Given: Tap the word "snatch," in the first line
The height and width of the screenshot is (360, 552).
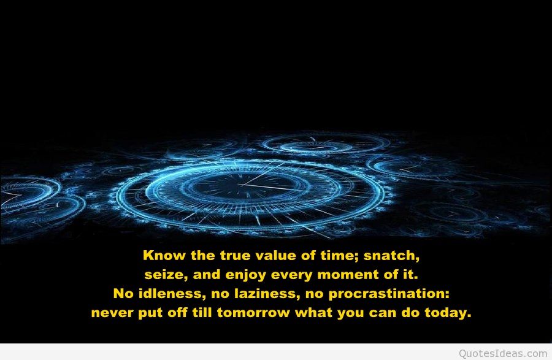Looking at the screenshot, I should pos(399,255).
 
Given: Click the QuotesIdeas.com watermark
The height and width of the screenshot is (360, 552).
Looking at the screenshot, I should pos(502,353).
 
